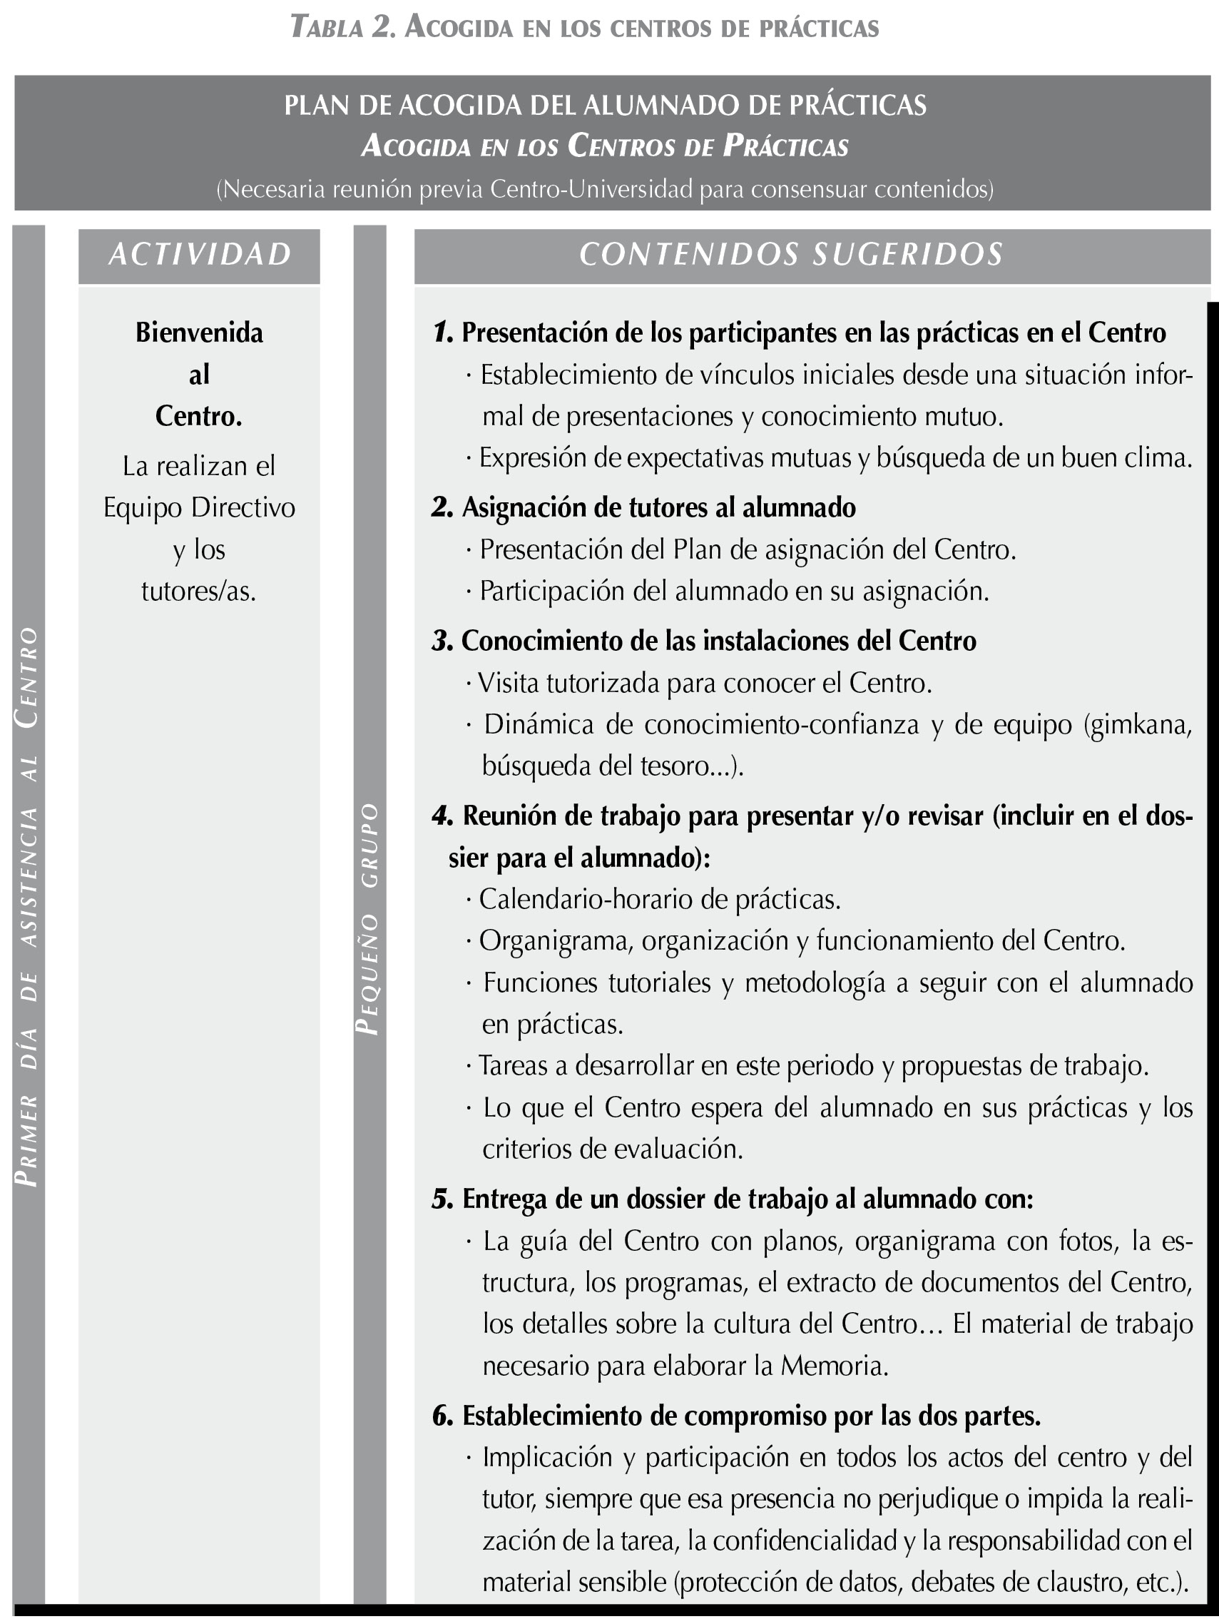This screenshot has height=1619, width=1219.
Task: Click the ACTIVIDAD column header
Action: pos(199,254)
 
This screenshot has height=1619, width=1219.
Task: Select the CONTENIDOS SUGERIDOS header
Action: pos(791,254)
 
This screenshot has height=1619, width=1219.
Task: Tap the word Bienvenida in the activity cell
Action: pos(199,333)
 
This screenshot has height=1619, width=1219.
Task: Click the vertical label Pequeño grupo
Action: pos(369,918)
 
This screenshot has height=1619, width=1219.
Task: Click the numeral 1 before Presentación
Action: pos(442,333)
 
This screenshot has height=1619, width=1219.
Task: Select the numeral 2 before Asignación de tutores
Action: pos(442,507)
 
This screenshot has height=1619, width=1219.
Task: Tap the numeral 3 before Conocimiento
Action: pos(442,641)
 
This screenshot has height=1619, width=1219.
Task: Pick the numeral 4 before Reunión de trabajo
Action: pos(442,816)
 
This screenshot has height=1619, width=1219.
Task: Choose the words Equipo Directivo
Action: pos(199,507)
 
